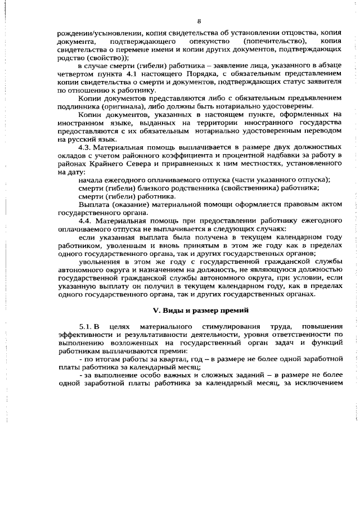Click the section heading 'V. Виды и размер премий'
(x=199, y=310)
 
